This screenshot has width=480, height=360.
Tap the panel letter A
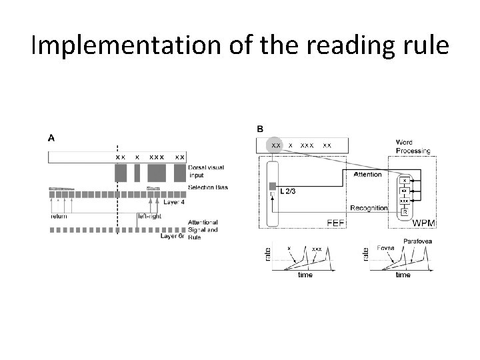pos(51,138)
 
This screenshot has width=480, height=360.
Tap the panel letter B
pos(260,128)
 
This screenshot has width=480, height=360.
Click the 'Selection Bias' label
pos(208,187)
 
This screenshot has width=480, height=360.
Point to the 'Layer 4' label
pos(175,203)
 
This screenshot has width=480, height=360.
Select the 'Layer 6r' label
pos(173,236)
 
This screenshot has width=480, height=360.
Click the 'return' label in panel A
pos(59,215)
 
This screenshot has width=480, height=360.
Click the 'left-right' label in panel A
pos(149,215)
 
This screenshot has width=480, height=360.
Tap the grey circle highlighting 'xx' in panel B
pos(275,145)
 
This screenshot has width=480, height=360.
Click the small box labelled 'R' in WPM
pos(405,211)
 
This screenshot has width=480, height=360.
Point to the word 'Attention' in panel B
pos(367,175)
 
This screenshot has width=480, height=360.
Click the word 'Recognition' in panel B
pos(369,208)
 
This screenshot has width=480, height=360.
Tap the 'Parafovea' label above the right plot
pos(417,241)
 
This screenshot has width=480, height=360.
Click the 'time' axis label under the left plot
pos(305,274)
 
